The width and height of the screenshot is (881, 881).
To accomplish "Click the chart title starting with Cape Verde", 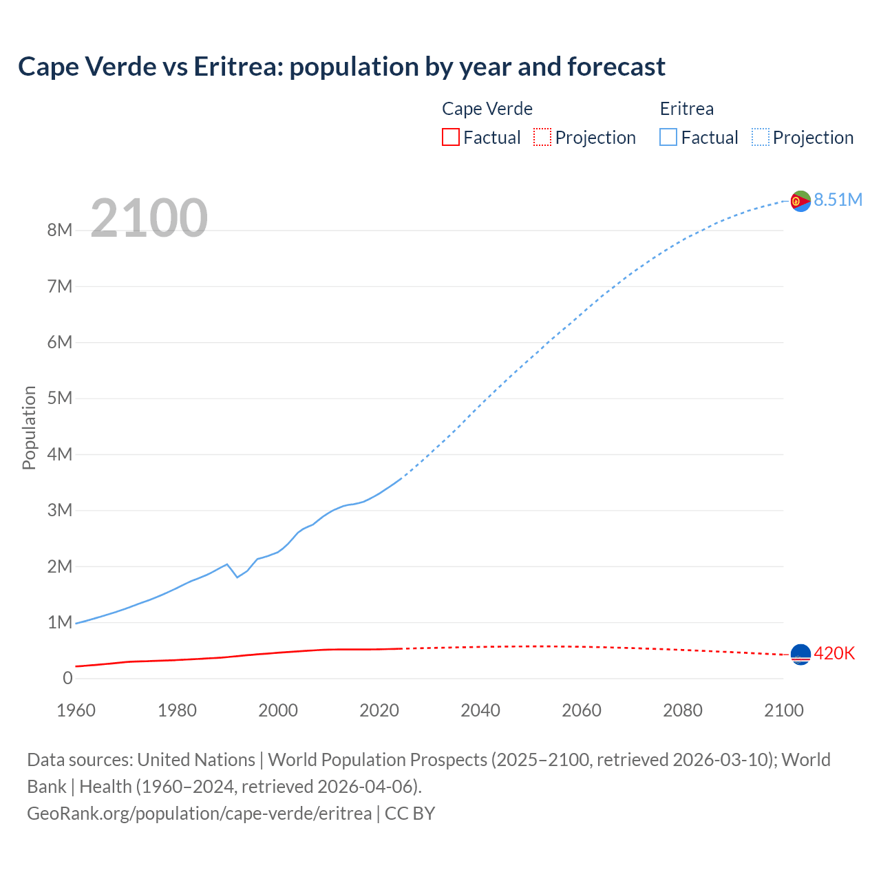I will coord(341,67).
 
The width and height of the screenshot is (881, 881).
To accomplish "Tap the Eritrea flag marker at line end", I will coord(800,201).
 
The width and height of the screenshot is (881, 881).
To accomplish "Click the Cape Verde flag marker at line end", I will coord(800,655).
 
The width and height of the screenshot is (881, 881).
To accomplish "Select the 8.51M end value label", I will coord(838,200).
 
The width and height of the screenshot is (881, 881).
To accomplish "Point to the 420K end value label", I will coord(834,654).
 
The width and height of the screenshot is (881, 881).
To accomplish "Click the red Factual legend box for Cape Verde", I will coord(450,138).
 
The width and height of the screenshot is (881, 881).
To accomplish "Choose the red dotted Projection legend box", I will coord(542,138).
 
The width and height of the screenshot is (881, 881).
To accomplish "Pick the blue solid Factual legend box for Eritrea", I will coord(668,138).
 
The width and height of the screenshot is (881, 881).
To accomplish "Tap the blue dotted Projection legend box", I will coord(761,138).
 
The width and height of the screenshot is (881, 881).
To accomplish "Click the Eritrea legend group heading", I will coord(686,109).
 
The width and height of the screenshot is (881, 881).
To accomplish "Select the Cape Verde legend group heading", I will coord(487,109).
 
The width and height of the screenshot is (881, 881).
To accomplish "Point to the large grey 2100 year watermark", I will coord(149,218).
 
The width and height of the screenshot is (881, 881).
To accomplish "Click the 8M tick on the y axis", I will coord(60,231).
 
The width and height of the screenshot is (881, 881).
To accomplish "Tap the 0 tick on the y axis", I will coord(67,679).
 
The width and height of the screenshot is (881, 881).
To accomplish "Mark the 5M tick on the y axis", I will coord(60,399).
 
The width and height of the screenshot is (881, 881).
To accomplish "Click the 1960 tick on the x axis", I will coord(76,710).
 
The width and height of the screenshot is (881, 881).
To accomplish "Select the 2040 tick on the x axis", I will coord(480,710).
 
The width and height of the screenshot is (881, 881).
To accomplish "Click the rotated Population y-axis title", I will coord(29,427).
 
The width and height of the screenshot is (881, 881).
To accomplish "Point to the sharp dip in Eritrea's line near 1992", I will coord(237,577).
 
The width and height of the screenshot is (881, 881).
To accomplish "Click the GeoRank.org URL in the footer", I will coord(200,814).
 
